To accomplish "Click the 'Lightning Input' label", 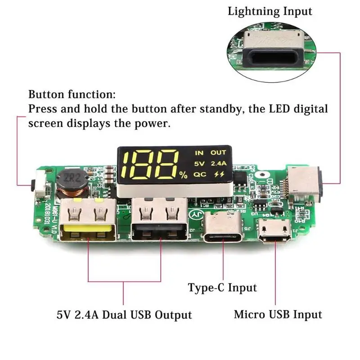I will point(270,11).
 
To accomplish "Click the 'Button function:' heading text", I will point(72,95).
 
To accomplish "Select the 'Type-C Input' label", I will point(222,288).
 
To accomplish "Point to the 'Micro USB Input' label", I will point(278,314).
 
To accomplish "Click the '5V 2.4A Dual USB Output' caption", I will point(124,314).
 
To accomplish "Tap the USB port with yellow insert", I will point(88,222).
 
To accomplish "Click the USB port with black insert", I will point(159,222).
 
